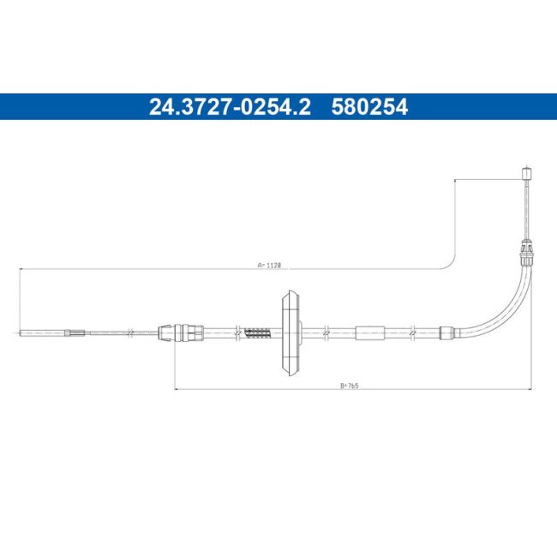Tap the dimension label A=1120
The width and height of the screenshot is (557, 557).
coord(268,266)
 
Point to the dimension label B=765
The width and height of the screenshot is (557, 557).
coord(348,386)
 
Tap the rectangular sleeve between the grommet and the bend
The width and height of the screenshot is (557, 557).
coord(370,332)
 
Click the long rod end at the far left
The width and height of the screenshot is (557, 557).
coord(43,332)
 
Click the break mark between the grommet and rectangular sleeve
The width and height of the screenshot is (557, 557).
coord(327,332)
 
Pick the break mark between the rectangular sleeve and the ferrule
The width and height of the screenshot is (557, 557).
coord(412,332)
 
